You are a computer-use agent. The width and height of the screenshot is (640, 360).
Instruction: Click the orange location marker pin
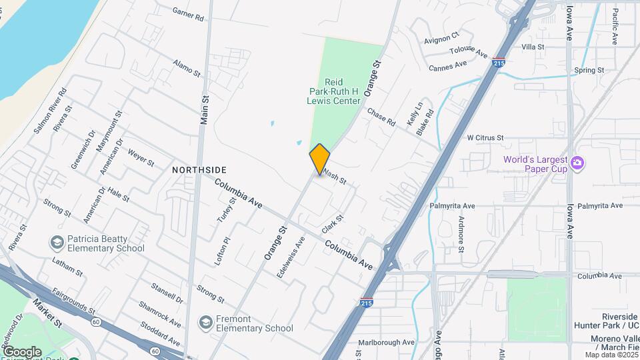pos(320,159)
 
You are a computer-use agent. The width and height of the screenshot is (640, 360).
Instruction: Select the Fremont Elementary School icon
pos(206,322)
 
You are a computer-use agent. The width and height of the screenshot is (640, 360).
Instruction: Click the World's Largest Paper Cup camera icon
pos(577,163)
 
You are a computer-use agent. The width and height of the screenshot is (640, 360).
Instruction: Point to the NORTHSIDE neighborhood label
pos(199,170)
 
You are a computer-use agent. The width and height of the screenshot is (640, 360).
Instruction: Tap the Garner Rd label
pos(188,13)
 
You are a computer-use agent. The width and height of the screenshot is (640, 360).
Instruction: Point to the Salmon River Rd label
pos(51,109)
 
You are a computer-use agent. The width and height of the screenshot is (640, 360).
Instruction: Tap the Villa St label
pos(533,47)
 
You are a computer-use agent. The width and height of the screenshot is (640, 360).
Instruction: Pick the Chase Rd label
pos(381,117)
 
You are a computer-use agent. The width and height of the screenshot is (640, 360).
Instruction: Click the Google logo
pos(21,351)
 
